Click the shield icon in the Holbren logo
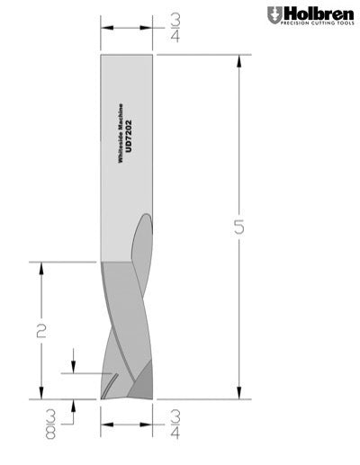point(274,15)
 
